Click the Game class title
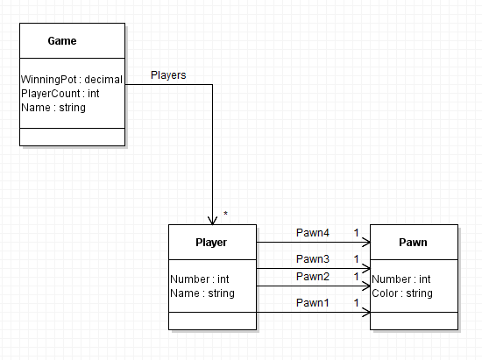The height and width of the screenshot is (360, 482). [x=62, y=41]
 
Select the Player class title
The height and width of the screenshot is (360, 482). [x=211, y=243]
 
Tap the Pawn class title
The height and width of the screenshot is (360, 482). [x=413, y=243]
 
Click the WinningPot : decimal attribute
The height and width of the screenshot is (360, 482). [x=72, y=80]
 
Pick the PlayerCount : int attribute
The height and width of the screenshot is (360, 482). [x=60, y=94]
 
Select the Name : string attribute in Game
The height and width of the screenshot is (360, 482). [x=53, y=108]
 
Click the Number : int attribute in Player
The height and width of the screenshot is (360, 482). [x=200, y=279]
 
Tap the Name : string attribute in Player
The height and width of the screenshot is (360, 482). [x=202, y=293]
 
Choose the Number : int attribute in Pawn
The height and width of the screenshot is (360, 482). [x=401, y=279]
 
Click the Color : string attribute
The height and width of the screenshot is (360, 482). [x=402, y=293]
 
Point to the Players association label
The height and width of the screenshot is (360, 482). [x=168, y=75]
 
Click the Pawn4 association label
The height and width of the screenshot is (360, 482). [x=313, y=233]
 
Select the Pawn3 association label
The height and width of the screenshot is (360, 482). [x=313, y=259]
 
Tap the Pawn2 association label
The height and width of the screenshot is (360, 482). [x=313, y=277]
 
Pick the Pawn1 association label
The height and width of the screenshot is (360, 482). [x=313, y=303]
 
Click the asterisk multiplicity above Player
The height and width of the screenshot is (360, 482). [x=225, y=213]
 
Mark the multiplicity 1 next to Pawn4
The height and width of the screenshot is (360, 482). [x=357, y=233]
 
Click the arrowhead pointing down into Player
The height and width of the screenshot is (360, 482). [x=212, y=221]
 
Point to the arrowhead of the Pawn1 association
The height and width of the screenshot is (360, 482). [x=366, y=313]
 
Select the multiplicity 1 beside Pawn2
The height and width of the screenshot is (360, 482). [x=357, y=277]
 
